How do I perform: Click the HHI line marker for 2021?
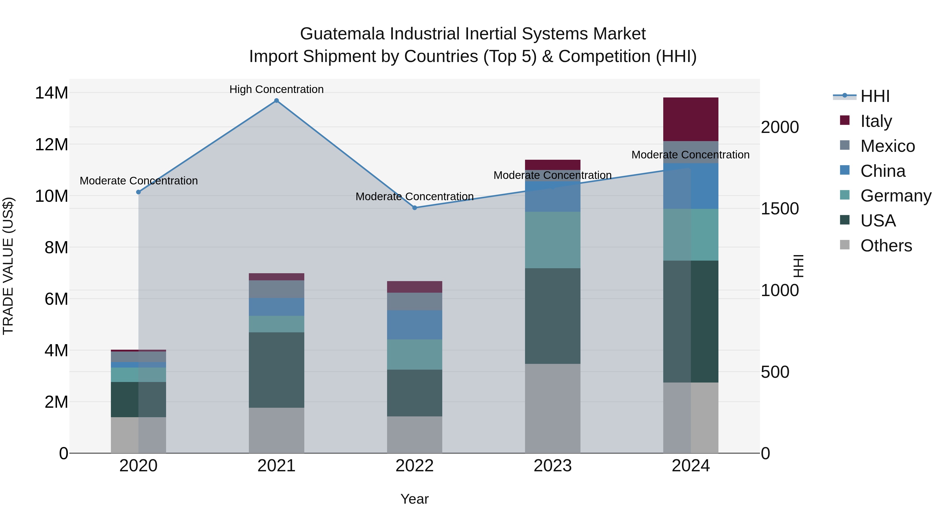coord(276,101)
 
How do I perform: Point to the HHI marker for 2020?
coord(138,192)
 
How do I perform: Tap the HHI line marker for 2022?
coord(415,208)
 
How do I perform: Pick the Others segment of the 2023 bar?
coord(552,408)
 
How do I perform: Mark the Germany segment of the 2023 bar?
coord(552,240)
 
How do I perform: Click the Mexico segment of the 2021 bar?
coord(276,289)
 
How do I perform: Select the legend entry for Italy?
coord(876,121)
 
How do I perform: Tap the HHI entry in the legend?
coord(875,96)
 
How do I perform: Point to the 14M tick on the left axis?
coord(52,93)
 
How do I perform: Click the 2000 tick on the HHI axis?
coord(780,127)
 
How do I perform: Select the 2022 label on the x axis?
coord(415,466)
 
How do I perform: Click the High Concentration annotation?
coord(276,89)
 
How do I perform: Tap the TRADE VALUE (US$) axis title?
coord(8,266)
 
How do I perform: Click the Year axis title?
coord(415,499)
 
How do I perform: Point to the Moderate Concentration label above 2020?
coord(139,181)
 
